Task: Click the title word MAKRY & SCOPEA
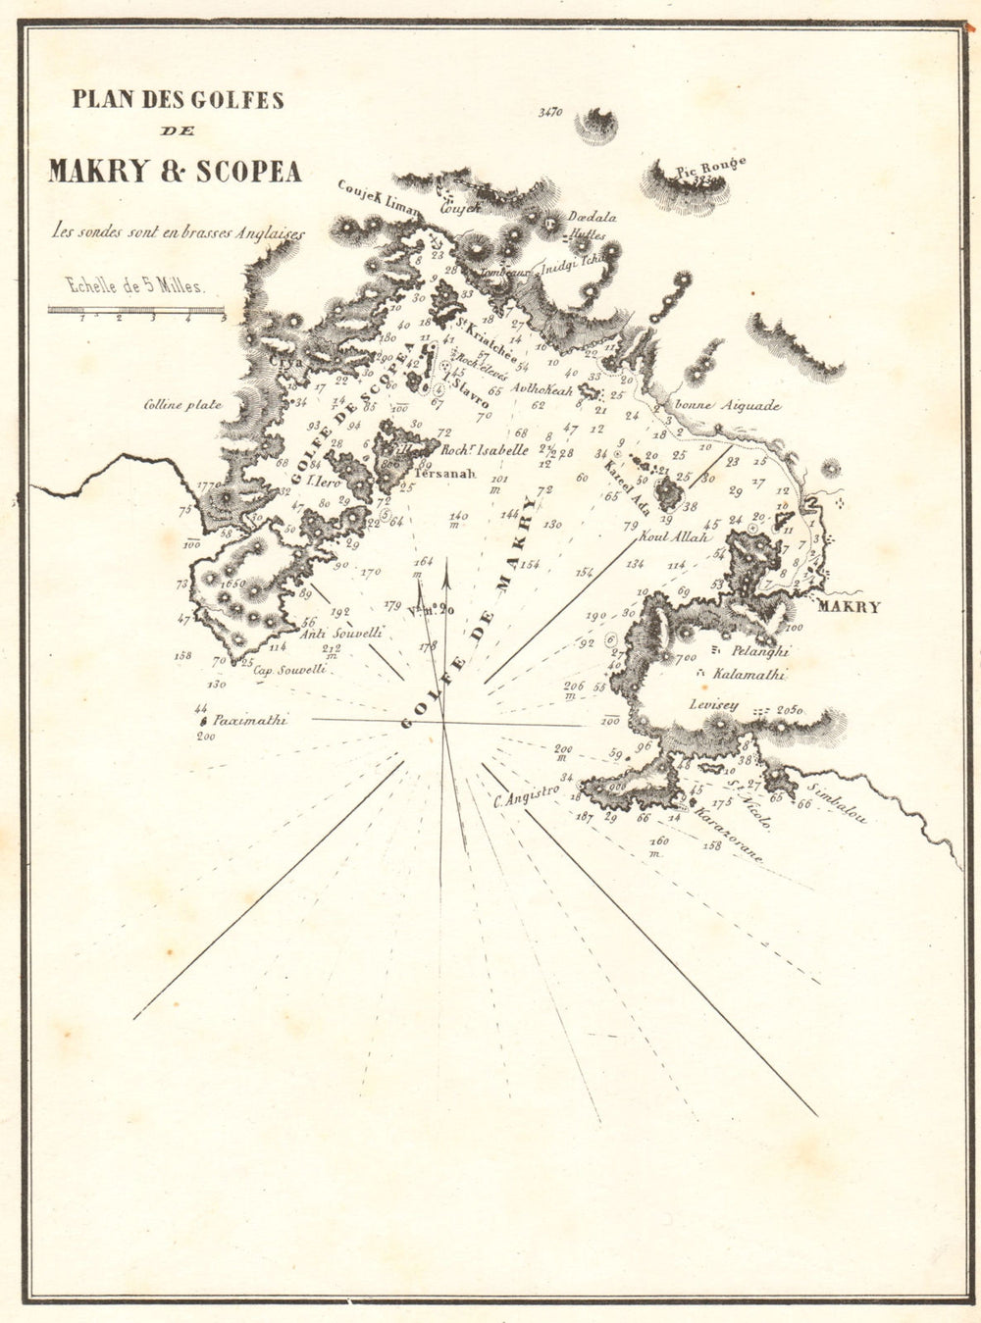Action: (x=175, y=171)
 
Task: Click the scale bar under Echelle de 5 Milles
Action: (x=137, y=310)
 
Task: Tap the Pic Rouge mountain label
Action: (x=711, y=169)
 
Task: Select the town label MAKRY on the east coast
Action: (x=849, y=607)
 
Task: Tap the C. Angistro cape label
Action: (x=527, y=795)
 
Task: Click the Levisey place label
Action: (x=713, y=704)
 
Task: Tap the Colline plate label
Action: (x=182, y=404)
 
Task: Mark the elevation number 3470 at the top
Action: (x=550, y=113)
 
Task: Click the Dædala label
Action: (x=592, y=218)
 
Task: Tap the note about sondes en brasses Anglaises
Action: (x=180, y=233)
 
